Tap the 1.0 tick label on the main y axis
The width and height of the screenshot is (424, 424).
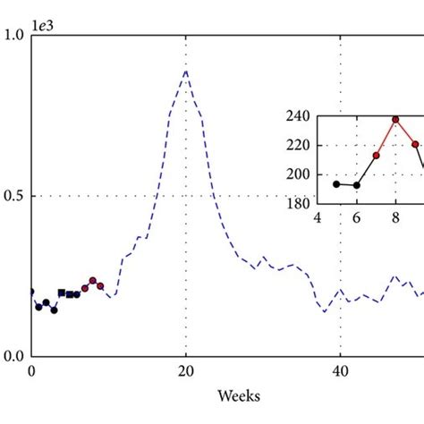(14, 36)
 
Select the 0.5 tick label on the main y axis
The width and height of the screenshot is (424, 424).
(14, 196)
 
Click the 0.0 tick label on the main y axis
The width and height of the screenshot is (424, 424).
(14, 356)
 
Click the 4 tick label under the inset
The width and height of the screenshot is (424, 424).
(316, 216)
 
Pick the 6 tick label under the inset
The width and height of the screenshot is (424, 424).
(356, 216)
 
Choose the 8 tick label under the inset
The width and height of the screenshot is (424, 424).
(395, 216)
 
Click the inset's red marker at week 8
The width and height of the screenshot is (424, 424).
(395, 119)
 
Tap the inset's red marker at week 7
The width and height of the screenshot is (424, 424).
(376, 156)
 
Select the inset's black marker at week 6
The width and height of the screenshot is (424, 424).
(356, 185)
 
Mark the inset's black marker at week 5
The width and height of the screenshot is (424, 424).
(336, 183)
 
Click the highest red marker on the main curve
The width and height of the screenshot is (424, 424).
(92, 280)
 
